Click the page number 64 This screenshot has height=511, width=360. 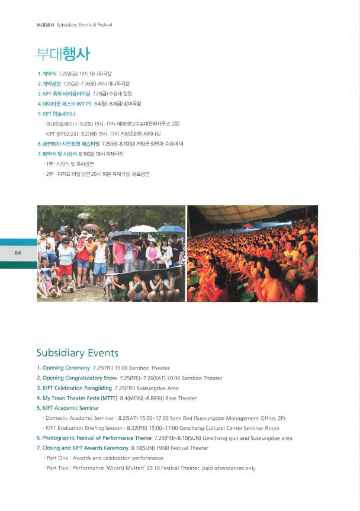tap(18, 253)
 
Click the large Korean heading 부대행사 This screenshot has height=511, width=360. tap(63, 55)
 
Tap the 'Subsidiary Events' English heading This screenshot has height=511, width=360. tap(77, 353)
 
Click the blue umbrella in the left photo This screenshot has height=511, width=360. tap(172, 229)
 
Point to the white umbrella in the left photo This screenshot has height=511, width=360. tap(143, 229)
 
